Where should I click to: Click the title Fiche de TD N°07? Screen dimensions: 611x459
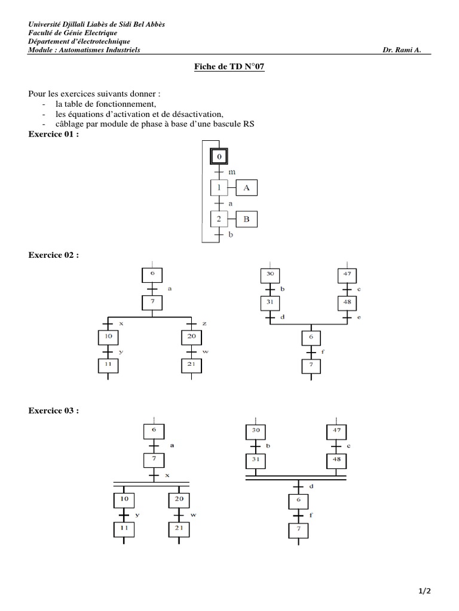[229, 67]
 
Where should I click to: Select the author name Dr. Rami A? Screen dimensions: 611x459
[402, 50]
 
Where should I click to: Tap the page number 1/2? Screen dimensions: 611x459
[425, 591]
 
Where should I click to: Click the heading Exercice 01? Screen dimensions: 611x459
[54, 134]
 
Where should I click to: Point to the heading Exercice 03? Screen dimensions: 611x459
[54, 411]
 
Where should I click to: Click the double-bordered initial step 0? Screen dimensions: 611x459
[219, 157]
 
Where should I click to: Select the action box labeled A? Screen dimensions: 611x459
[246, 188]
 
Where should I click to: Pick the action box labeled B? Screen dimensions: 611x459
[246, 219]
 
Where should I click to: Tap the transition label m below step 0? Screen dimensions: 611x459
[232, 172]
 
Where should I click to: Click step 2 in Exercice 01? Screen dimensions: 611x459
[219, 219]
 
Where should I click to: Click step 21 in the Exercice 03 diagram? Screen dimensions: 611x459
[178, 528]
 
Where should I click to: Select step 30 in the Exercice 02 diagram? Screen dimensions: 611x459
[269, 275]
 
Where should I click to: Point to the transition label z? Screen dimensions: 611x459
[204, 323]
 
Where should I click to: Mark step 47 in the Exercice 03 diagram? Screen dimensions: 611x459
[336, 430]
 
